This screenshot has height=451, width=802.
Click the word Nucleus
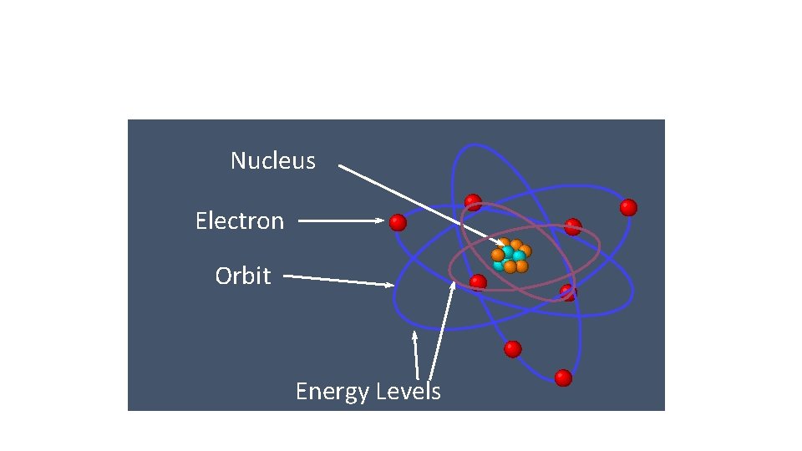tap(273, 160)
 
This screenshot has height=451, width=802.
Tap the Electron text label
tap(240, 220)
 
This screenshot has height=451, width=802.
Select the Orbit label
tap(242, 276)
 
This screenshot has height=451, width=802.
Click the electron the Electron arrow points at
tap(398, 222)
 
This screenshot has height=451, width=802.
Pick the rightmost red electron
tap(628, 207)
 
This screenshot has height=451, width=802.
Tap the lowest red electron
tap(563, 378)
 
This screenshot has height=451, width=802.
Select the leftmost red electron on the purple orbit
tap(478, 282)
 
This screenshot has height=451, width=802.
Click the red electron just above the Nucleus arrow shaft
tap(473, 202)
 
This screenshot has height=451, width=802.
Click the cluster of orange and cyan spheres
tap(510, 256)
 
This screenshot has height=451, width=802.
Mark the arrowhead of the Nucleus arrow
tap(500, 242)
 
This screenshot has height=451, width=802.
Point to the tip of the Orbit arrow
tap(393, 286)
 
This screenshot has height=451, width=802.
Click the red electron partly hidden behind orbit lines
tap(568, 292)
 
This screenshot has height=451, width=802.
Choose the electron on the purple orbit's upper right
tap(572, 226)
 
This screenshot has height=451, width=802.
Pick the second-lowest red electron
tap(513, 348)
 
